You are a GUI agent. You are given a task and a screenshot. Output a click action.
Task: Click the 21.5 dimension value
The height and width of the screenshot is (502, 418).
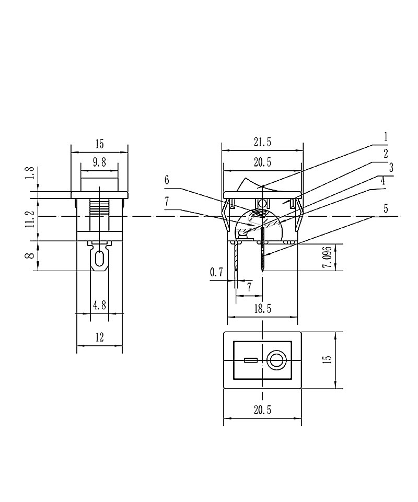(262, 143)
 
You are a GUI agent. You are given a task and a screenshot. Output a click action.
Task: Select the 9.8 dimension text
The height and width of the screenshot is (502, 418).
(99, 162)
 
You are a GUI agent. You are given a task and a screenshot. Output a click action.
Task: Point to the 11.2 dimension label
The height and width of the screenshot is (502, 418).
(30, 219)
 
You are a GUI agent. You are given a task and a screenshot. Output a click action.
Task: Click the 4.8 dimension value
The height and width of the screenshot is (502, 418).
(99, 305)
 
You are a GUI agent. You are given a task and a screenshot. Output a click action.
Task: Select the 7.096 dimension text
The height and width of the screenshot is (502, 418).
(326, 257)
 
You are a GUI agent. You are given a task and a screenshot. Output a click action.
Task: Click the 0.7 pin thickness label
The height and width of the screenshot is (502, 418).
(216, 272)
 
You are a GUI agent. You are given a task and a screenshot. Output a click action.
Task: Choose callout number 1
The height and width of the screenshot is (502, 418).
(386, 137)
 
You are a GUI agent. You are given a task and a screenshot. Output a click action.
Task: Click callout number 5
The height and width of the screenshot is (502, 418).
(386, 208)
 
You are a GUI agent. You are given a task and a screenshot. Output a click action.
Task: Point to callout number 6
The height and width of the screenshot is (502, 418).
(167, 180)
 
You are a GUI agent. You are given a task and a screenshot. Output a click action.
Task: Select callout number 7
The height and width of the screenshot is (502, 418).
(167, 201)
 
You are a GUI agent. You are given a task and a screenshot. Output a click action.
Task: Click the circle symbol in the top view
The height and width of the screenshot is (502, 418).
(275, 360)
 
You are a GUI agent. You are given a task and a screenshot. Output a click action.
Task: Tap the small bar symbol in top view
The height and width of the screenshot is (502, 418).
(250, 360)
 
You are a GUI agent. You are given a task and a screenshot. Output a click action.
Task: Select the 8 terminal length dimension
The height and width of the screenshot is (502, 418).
(30, 255)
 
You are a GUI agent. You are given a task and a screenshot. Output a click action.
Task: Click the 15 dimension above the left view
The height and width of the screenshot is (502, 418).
(99, 143)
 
